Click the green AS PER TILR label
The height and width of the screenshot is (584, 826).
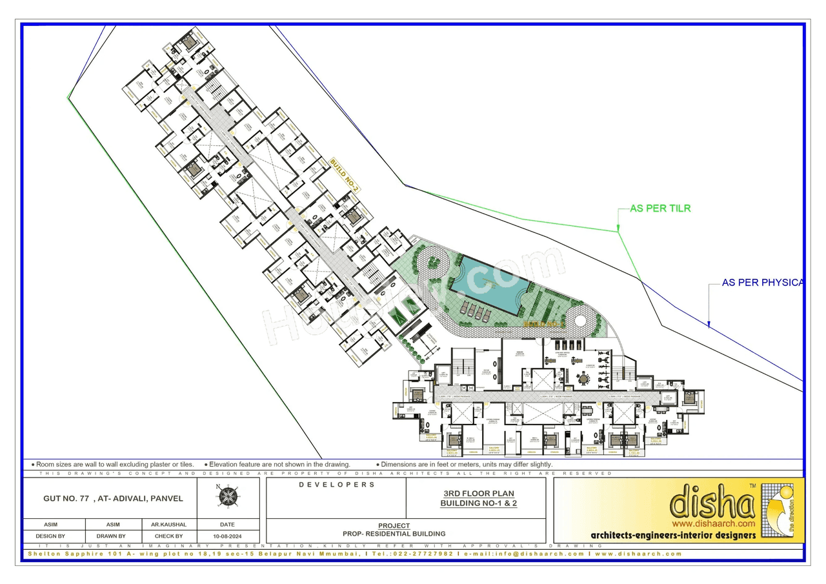[x=660, y=208]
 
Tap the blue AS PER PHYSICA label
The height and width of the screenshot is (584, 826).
[x=762, y=283]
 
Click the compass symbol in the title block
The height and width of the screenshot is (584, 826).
[x=227, y=495]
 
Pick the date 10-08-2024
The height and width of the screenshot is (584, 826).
[x=227, y=536]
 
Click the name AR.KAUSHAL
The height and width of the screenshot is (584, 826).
[x=168, y=525]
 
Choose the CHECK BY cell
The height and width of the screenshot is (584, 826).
[x=168, y=536]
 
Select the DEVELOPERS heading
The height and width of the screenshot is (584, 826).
[x=336, y=485]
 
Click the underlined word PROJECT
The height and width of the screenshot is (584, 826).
[x=394, y=526]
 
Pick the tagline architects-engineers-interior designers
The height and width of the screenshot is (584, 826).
[x=673, y=536]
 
